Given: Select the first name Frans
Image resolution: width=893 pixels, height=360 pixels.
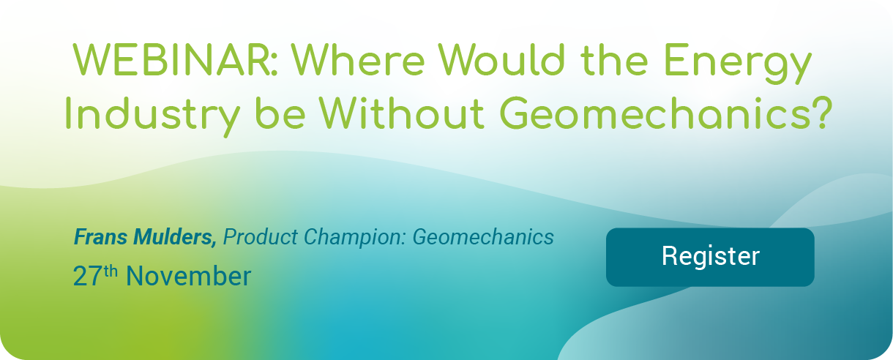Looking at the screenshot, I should pyautogui.click(x=99, y=237).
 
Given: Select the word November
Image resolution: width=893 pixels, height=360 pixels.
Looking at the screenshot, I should pyautogui.click(x=188, y=277).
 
